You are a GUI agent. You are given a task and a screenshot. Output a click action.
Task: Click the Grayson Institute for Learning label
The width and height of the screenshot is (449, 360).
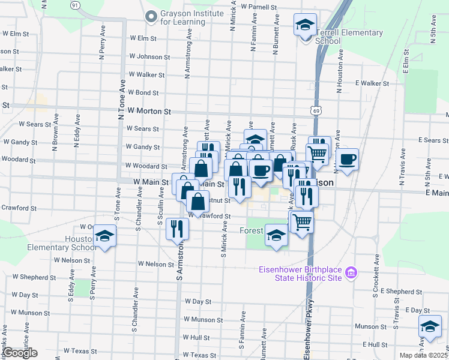point(182,17)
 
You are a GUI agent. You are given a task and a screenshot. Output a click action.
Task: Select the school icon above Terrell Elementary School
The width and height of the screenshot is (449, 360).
point(305,26)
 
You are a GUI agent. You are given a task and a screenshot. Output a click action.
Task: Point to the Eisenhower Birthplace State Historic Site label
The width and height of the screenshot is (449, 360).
point(300,273)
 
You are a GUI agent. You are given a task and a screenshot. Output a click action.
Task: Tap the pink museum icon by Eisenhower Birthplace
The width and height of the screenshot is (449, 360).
point(352,273)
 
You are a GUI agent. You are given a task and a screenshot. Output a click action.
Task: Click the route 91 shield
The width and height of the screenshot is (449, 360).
point(74,5)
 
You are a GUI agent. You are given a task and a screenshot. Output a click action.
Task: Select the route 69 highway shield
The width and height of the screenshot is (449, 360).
point(316,110)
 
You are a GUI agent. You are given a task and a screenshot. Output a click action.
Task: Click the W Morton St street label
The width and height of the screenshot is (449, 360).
point(149,112)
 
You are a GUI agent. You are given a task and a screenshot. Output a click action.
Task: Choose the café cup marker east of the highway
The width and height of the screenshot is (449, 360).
point(347,160)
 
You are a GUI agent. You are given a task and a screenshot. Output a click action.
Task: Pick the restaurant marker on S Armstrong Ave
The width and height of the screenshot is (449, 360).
point(177,229)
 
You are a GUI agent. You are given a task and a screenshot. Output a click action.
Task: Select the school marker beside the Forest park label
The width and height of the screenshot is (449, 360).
point(276,236)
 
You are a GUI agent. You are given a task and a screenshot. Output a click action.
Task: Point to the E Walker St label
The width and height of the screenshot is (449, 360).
point(372,83)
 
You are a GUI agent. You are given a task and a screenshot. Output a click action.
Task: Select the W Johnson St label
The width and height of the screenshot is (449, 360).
point(145,57)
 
